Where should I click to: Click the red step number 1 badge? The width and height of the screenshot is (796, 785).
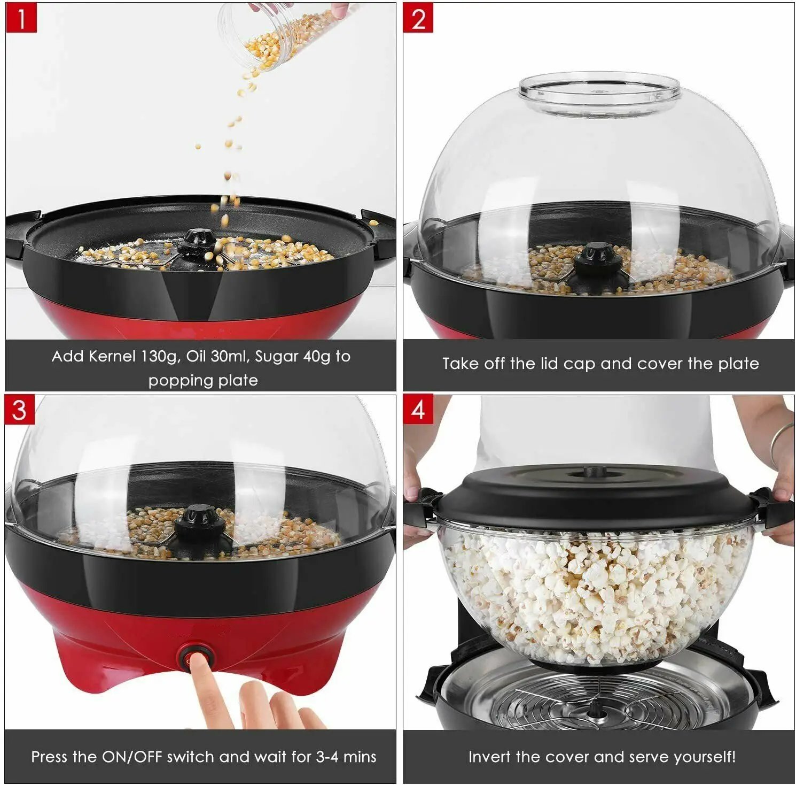(21, 18)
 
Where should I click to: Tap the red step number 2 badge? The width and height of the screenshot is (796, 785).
(418, 18)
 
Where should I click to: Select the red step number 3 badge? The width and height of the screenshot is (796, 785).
(20, 410)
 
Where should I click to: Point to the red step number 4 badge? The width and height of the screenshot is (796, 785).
(418, 410)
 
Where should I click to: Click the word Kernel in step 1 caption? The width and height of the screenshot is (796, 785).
(112, 356)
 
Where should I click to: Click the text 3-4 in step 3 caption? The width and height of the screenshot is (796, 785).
(327, 757)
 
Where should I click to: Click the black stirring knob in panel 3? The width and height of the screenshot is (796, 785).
(197, 522)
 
